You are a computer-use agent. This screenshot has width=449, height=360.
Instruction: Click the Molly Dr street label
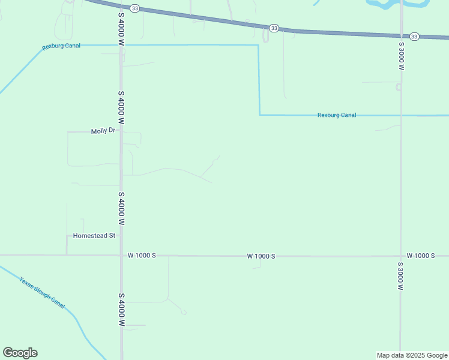point(102,131)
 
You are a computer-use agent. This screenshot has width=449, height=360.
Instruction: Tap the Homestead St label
point(94,236)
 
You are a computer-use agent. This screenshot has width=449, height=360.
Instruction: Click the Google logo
point(20,353)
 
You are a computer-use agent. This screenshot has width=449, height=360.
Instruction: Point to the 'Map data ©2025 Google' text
point(412,355)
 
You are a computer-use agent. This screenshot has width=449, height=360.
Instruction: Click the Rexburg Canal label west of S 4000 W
point(61,47)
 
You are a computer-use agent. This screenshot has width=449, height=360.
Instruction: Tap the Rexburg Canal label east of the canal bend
point(336,115)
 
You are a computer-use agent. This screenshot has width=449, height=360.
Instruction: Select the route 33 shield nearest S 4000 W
point(135,8)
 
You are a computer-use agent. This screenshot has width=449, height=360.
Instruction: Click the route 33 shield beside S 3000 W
point(415,37)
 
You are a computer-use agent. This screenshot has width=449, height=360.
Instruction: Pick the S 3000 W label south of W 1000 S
point(400,276)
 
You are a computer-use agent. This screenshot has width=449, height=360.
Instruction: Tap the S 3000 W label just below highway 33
point(400,56)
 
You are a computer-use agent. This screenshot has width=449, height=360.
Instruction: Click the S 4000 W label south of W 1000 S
point(121,310)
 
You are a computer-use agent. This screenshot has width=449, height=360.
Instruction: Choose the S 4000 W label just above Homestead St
point(121,208)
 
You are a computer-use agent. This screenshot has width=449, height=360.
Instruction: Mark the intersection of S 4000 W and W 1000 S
point(121,255)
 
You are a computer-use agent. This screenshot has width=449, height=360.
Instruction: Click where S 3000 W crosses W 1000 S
point(400,256)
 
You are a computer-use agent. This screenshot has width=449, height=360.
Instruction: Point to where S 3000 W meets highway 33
point(401,35)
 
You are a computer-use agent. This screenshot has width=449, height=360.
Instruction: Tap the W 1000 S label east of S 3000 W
point(420,256)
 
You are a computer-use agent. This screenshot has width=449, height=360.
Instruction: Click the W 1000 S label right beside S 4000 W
point(142,255)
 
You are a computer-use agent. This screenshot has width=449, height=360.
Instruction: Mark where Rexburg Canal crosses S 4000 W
point(121,45)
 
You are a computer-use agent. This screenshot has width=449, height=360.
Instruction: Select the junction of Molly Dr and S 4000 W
point(121,131)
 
